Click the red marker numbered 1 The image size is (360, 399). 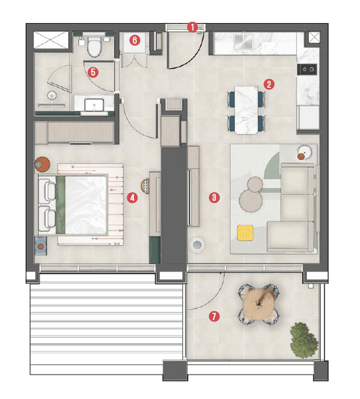point(193,27)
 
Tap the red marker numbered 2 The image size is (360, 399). point(269,85)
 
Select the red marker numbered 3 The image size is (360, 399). point(214,197)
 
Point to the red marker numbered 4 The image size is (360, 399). point(132,198)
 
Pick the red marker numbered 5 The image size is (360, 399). point(93,70)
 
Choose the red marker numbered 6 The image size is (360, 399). point(135,40)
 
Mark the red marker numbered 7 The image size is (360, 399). point(214,316)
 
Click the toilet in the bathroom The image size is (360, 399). point(95,46)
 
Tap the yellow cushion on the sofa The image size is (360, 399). point(244,233)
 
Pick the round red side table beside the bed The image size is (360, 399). point(44,163)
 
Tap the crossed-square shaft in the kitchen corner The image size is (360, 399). point(313,38)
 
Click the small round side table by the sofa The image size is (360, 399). point(304,153)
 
